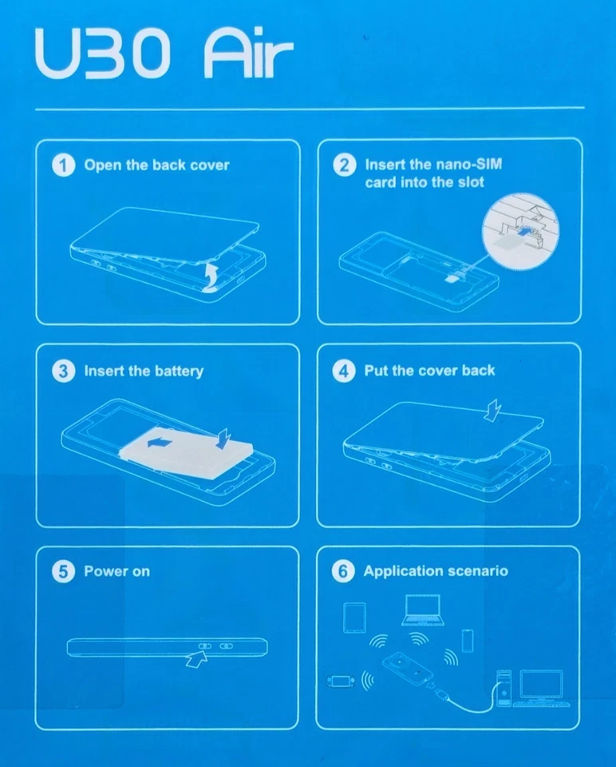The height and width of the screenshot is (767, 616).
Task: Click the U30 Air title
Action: (x=164, y=54)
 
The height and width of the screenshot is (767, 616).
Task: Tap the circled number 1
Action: (x=64, y=165)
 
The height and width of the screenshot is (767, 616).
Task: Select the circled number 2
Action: (x=345, y=165)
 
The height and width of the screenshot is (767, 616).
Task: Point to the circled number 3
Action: (x=64, y=372)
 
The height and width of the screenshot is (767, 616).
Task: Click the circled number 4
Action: (x=344, y=372)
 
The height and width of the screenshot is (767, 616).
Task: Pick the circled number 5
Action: (x=64, y=571)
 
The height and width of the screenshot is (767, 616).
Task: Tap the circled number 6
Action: (x=343, y=571)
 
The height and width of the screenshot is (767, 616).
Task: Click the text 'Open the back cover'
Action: (x=157, y=165)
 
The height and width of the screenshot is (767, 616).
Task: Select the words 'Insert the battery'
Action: (x=144, y=372)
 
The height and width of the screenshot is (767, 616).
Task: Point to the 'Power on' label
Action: (x=116, y=571)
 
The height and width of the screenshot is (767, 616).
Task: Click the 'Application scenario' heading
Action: (x=436, y=571)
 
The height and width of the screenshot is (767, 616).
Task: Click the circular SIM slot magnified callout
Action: (x=521, y=230)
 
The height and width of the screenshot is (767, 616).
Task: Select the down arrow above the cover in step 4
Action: (x=493, y=410)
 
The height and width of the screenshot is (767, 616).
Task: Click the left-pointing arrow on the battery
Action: (x=160, y=443)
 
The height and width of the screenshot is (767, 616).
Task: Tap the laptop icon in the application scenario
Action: (x=423, y=610)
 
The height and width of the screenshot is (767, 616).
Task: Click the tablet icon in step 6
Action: (x=354, y=618)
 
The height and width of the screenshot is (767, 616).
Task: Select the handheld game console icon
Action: (x=342, y=681)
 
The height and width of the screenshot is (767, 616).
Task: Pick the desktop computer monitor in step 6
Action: (x=542, y=685)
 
